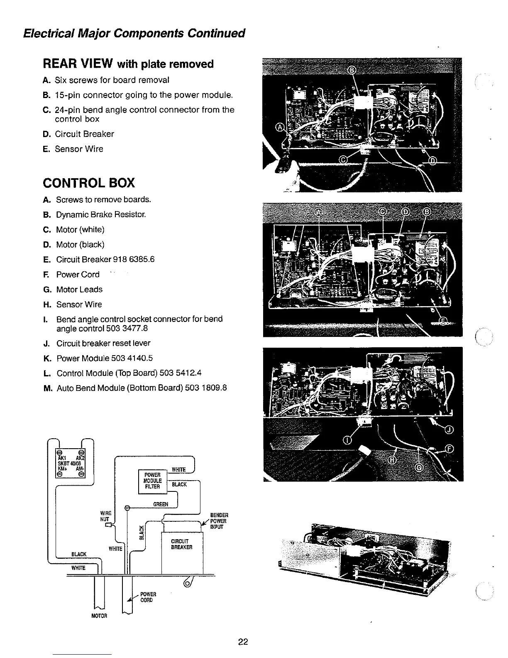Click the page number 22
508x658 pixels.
[x=243, y=642]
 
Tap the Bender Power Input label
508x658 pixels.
[x=219, y=521]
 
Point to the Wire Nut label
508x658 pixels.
[x=106, y=516]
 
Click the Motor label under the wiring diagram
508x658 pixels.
[x=99, y=616]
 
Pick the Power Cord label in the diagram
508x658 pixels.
[x=147, y=597]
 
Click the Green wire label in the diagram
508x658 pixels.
[x=161, y=504]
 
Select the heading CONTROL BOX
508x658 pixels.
[x=89, y=183]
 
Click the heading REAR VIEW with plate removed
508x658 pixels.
[x=128, y=64]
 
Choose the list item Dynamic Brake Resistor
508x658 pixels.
[x=101, y=215]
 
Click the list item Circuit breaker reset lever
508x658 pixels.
[x=103, y=343]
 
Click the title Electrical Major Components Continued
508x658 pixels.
[x=134, y=33]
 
